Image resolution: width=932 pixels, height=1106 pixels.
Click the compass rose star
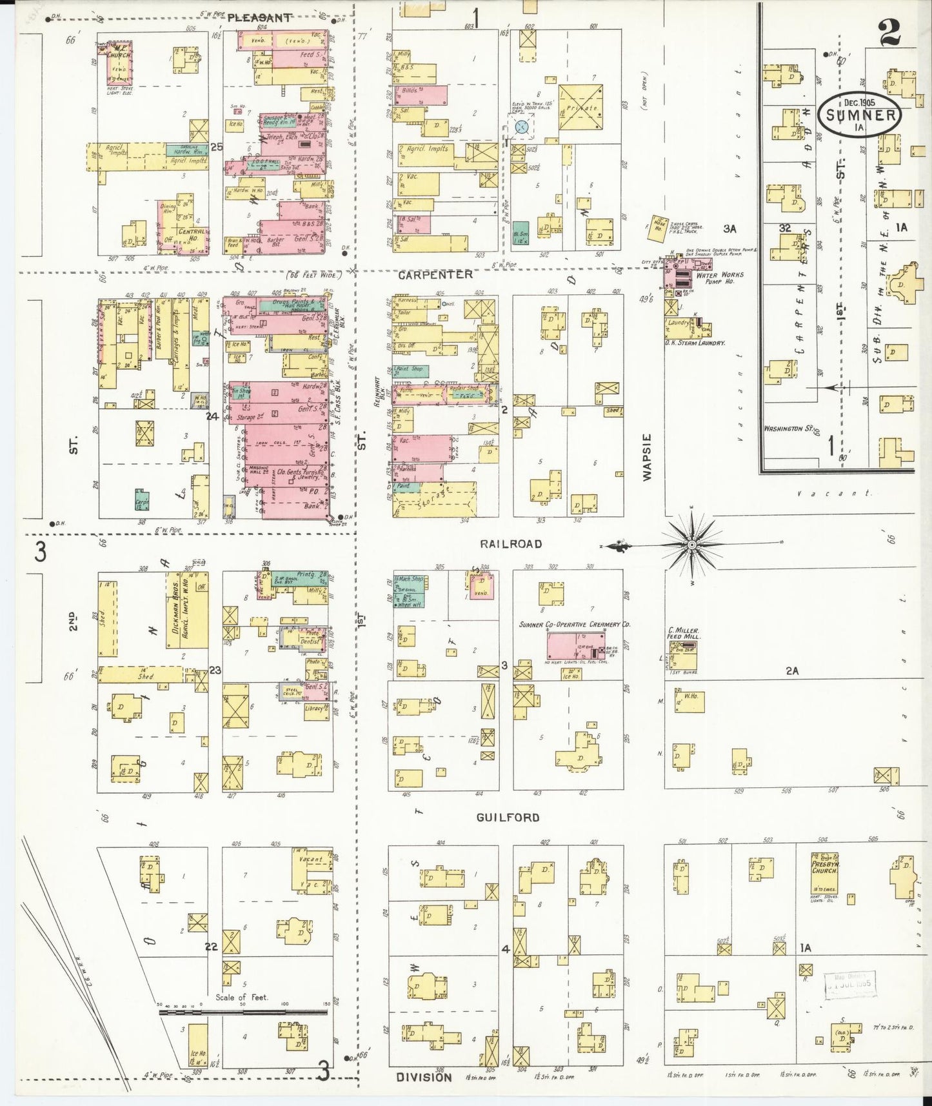pos(692,545)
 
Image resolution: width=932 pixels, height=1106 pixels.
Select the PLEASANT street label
pos(259,18)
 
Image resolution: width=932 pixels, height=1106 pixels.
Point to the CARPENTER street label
pos(435,275)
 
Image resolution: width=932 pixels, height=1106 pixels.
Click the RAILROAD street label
pos(511,544)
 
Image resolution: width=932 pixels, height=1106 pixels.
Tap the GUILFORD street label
pos(508,818)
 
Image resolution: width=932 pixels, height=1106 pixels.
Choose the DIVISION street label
pos(424,1078)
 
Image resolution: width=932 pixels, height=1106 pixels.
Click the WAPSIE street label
pos(648,456)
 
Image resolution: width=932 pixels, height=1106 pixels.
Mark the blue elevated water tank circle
pos(523,128)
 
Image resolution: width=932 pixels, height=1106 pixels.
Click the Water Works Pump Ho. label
pos(720,278)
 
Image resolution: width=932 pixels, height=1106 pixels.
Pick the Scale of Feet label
pos(242,997)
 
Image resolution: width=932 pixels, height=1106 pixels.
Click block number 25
pos(216,147)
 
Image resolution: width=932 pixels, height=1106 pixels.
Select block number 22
pos(211,947)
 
